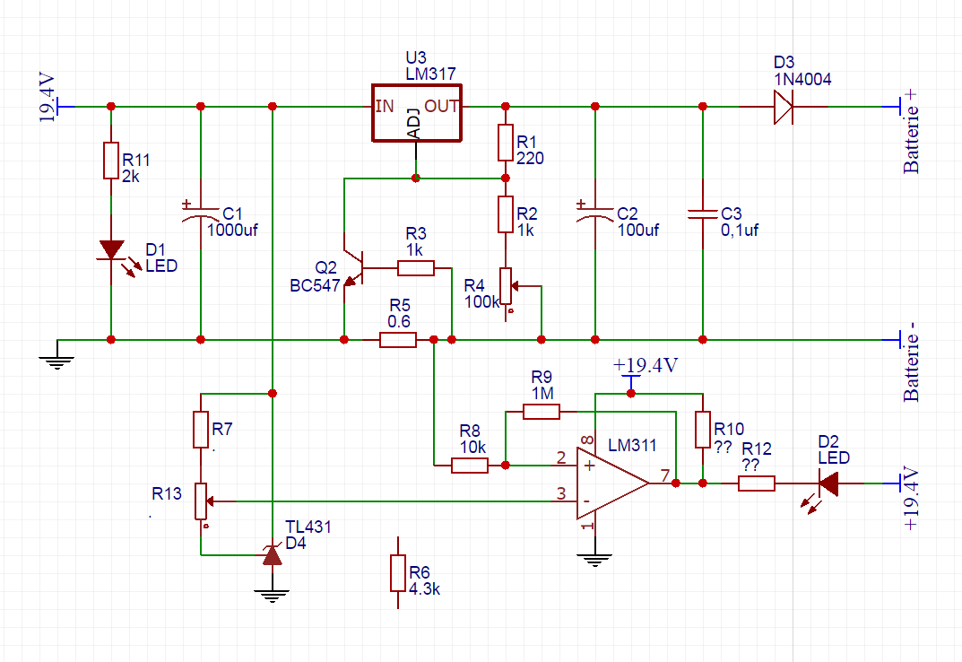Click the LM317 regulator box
(x=417, y=113)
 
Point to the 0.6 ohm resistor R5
(x=397, y=340)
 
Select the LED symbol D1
(x=111, y=251)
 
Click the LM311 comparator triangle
(x=610, y=483)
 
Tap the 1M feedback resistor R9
(x=542, y=412)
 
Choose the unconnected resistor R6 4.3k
(x=398, y=573)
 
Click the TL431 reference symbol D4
(x=272, y=555)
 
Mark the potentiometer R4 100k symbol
(x=507, y=285)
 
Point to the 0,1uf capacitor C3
(x=703, y=214)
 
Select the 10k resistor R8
(x=470, y=466)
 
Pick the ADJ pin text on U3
(x=413, y=124)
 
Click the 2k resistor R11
(x=111, y=160)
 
